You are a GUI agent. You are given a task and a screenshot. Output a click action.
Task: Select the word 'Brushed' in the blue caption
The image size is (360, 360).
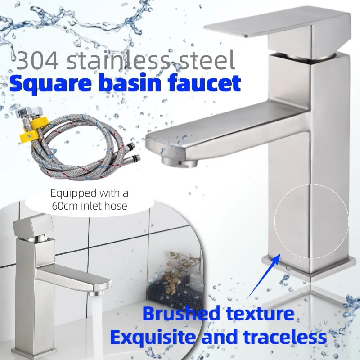point(180,313)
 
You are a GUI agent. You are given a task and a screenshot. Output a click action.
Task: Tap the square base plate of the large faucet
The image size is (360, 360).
point(306,268)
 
